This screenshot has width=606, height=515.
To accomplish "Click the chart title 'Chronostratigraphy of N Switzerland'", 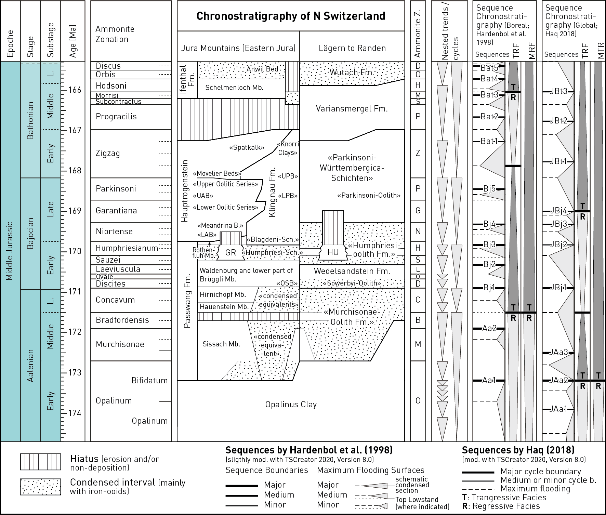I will pos(291,16).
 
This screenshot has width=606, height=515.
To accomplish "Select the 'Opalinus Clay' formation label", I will pos(291,405).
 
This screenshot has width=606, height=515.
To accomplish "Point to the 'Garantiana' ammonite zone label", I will pos(116,211).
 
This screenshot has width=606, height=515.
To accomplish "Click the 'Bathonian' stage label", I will pos(30,120).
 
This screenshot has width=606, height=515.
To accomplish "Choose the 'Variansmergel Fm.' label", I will pos(352,109).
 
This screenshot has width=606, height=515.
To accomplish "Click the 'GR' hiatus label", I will pos(231,252).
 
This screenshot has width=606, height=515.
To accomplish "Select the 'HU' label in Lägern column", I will pos(333,252).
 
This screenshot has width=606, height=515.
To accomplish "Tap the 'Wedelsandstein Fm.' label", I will pos(352,271).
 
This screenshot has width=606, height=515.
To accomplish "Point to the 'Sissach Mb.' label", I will pos(221,344).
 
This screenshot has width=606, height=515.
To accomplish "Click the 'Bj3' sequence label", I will pos(489,245).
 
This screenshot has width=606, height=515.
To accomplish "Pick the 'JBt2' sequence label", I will pos(558,120).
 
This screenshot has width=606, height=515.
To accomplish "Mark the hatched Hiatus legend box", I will pos(40,462).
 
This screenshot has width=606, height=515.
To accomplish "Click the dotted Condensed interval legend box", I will pos(40,487).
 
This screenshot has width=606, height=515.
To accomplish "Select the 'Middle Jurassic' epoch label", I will pos(10,251).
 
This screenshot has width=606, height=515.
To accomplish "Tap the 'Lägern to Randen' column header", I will pos(352,48).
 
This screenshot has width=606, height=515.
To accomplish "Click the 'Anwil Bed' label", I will pos(262,69).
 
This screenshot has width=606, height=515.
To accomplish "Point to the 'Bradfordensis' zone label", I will pos(122,320).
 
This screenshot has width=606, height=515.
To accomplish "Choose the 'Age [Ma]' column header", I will pos(73,41).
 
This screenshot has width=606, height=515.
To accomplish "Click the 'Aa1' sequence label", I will pos(489,380).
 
